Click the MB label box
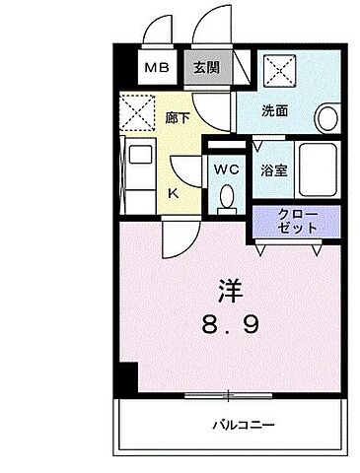(x=157, y=68)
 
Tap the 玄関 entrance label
(x=206, y=68)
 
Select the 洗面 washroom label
(x=275, y=110)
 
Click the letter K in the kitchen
(x=173, y=193)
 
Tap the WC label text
(x=226, y=169)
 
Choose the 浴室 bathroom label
(x=273, y=169)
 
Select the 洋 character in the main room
(x=229, y=291)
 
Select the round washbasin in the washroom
(x=328, y=118)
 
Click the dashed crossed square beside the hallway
(x=138, y=109)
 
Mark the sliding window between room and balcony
(x=227, y=396)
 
